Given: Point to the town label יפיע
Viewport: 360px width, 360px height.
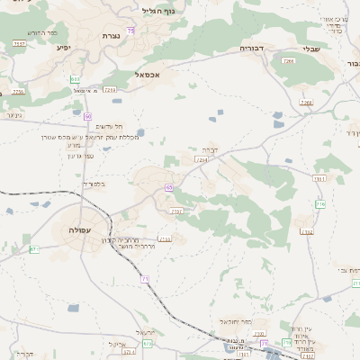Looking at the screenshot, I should click(x=63, y=47).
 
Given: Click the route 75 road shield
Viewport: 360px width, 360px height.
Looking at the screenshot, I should click(x=131, y=31).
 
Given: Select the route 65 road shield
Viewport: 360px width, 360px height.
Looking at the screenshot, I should click(x=169, y=187).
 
